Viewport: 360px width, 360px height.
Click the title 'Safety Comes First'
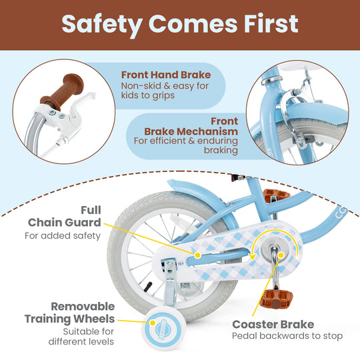[x=179, y=23]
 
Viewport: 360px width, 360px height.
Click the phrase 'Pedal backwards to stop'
[x=287, y=337]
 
